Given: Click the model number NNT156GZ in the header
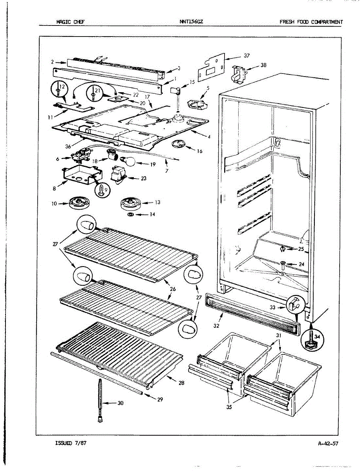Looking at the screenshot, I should click(191, 22).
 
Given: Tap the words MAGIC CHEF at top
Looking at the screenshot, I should click(70, 22).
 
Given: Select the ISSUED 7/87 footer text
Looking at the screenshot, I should click(71, 443).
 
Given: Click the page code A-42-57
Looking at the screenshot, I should click(328, 444).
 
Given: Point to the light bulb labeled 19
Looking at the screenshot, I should click(130, 161).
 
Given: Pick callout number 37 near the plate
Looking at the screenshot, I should click(246, 56).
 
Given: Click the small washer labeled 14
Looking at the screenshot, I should click(130, 215).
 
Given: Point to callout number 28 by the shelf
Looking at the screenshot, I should click(181, 383).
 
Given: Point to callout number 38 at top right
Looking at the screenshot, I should click(263, 66).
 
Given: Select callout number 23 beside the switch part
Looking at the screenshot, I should click(143, 179).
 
